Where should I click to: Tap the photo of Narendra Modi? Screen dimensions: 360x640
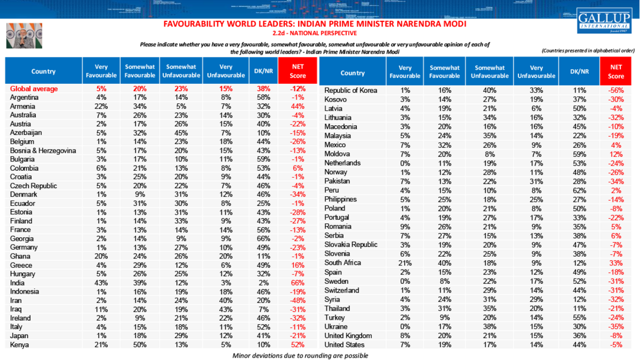(20, 36)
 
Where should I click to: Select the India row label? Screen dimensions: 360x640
(18, 283)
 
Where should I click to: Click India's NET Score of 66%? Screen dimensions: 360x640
(298, 283)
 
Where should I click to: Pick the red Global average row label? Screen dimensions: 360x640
(34, 89)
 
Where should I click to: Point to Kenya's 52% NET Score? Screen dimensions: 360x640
(298, 345)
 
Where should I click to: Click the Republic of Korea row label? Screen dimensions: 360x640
(351, 91)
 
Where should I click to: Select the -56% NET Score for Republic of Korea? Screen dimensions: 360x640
(616, 91)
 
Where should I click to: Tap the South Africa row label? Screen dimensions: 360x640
(343, 262)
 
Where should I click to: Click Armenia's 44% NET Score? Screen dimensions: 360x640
(298, 106)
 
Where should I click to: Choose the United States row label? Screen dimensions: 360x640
(345, 345)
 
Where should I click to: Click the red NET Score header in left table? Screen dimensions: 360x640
(298, 71)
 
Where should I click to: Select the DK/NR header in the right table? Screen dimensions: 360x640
(579, 72)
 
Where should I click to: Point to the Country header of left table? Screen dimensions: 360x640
(43, 72)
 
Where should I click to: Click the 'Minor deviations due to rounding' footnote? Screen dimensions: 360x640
(300, 355)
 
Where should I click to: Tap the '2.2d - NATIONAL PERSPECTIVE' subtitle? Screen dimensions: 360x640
(315, 33)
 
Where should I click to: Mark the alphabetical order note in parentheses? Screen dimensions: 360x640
(588, 51)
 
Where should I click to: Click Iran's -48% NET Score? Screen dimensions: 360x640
(298, 301)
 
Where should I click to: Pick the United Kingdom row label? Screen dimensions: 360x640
(348, 336)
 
